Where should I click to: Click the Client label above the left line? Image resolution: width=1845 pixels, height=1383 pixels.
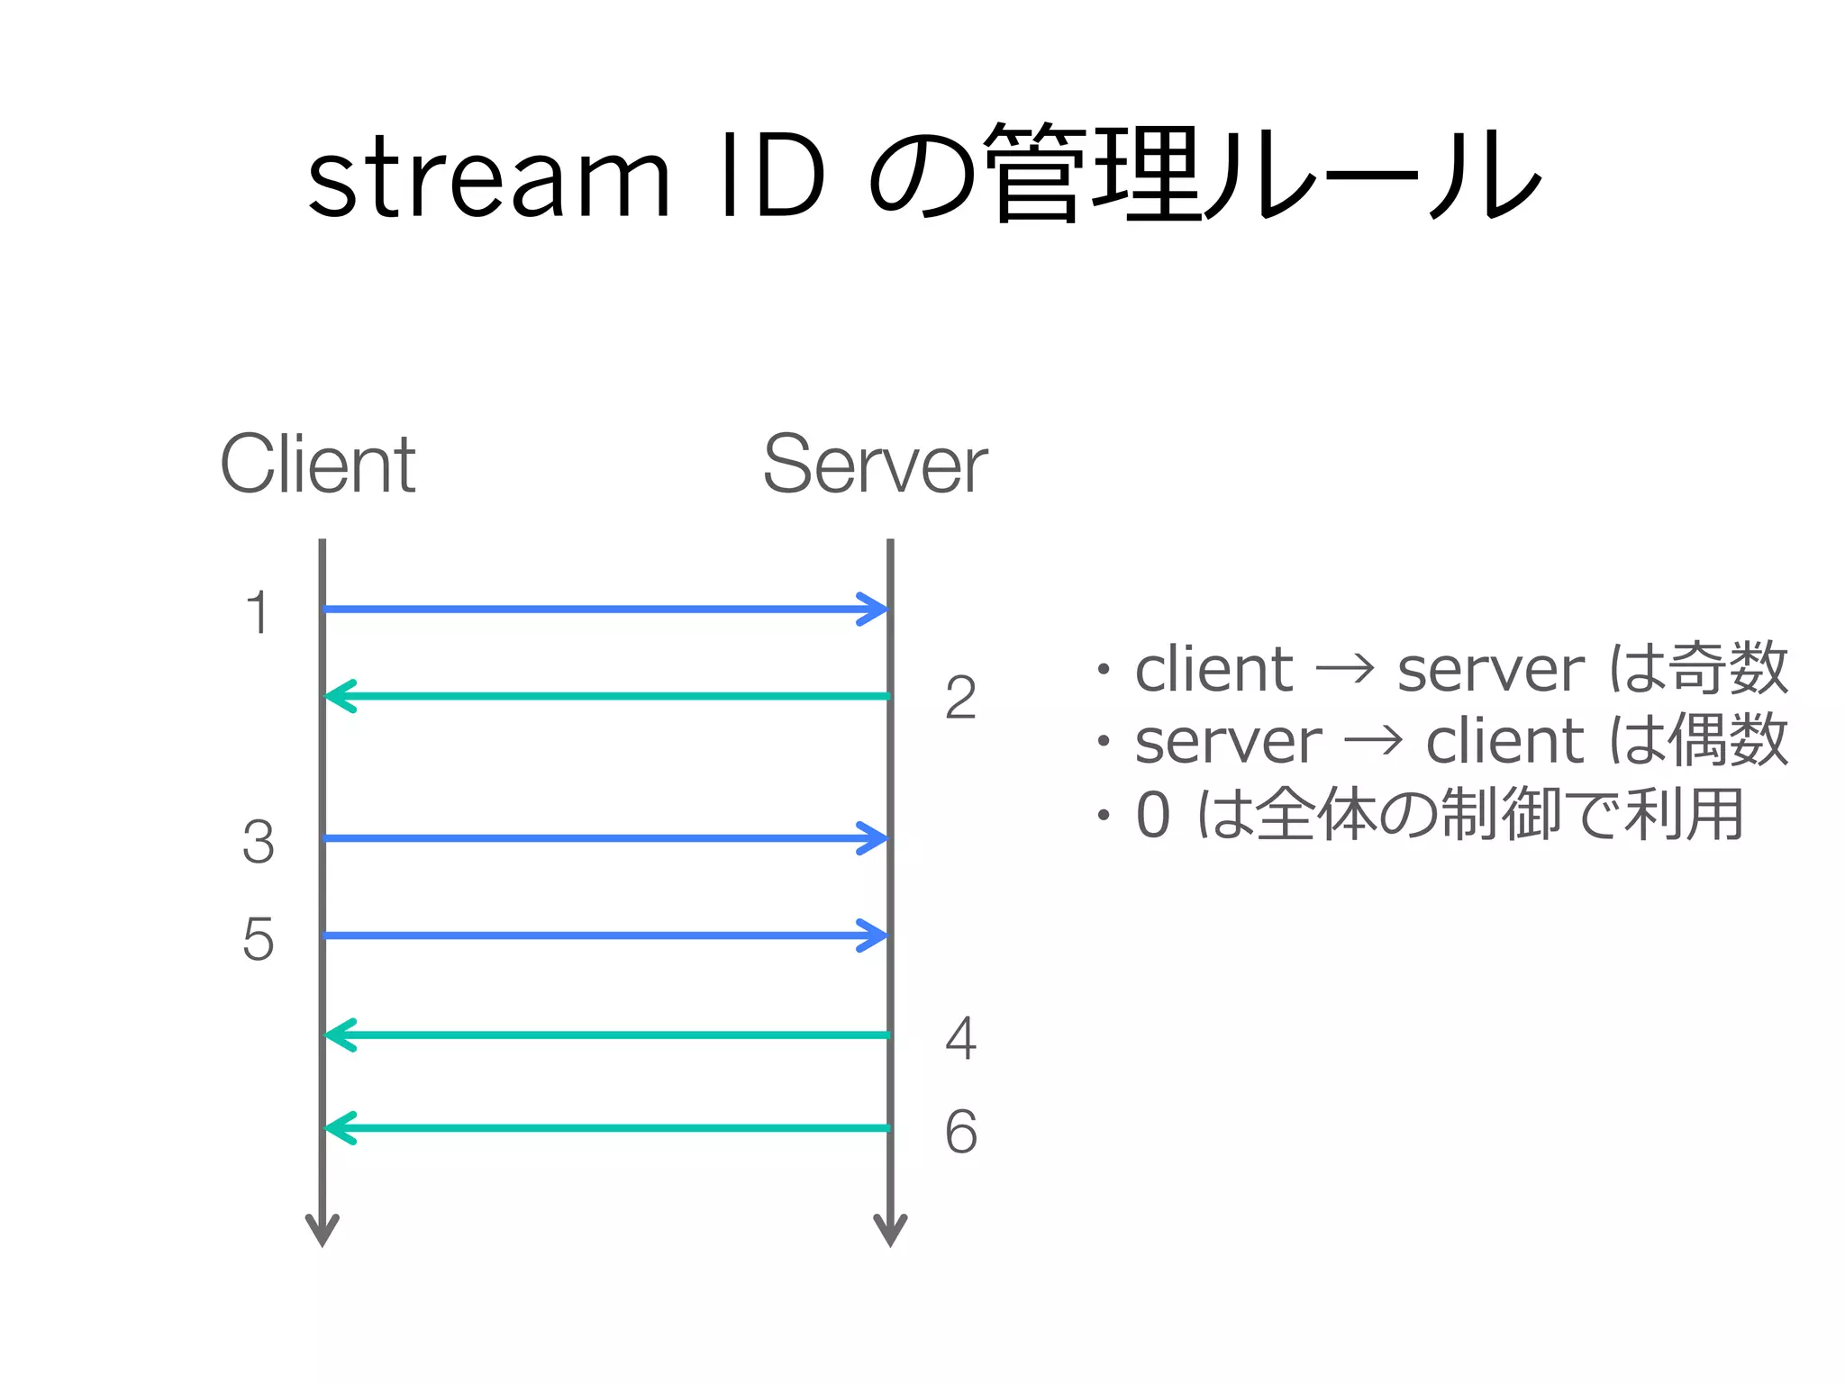(317, 465)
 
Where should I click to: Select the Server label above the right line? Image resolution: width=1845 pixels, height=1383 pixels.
(875, 465)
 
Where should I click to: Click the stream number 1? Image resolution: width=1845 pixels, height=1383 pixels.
(258, 614)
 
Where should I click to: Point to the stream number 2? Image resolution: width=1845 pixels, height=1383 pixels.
(960, 699)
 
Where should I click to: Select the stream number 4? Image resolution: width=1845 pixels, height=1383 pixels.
(960, 1038)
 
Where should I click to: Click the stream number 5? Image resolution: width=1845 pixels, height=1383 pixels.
(258, 940)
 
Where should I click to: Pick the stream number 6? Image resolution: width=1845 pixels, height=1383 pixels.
(960, 1132)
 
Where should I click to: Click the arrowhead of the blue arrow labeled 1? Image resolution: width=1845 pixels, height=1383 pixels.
(874, 610)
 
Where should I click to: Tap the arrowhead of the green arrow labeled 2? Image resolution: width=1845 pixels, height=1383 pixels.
(340, 696)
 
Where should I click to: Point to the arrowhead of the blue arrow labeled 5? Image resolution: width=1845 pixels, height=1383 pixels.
(874, 936)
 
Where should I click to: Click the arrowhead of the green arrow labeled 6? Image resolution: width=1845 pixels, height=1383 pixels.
(340, 1128)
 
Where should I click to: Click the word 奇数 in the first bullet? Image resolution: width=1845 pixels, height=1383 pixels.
(1728, 669)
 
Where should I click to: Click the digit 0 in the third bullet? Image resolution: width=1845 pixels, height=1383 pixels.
(1153, 815)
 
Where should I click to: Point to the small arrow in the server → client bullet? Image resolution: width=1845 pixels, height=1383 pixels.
(1373, 742)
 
